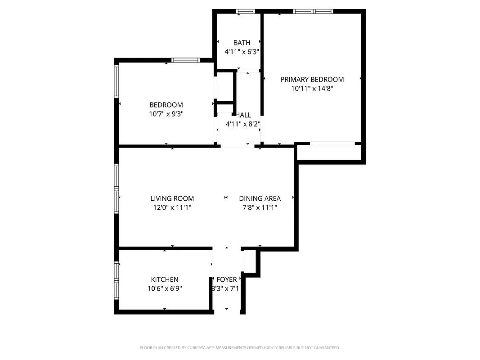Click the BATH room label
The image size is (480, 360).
click(x=242, y=43)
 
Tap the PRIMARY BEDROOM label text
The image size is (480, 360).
click(x=312, y=80)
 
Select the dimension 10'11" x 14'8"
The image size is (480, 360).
click(x=312, y=89)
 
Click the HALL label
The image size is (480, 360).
click(x=243, y=115)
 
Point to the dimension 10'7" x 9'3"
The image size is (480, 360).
click(x=166, y=114)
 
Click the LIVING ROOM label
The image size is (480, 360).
click(x=172, y=198)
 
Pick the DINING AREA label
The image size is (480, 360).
click(x=260, y=198)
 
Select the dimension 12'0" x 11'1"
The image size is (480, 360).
click(x=172, y=207)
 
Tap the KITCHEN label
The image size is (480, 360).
click(x=165, y=279)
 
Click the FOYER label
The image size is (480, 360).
click(x=227, y=279)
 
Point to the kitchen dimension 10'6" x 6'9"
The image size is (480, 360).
click(x=165, y=288)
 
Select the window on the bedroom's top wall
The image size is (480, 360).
click(x=186, y=60)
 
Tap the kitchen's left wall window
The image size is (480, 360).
click(x=117, y=281)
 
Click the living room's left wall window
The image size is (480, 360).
click(x=117, y=188)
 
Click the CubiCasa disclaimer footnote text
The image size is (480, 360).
click(x=240, y=348)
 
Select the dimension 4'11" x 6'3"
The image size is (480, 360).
click(x=242, y=52)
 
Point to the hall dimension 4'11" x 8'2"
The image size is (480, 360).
click(x=243, y=124)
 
